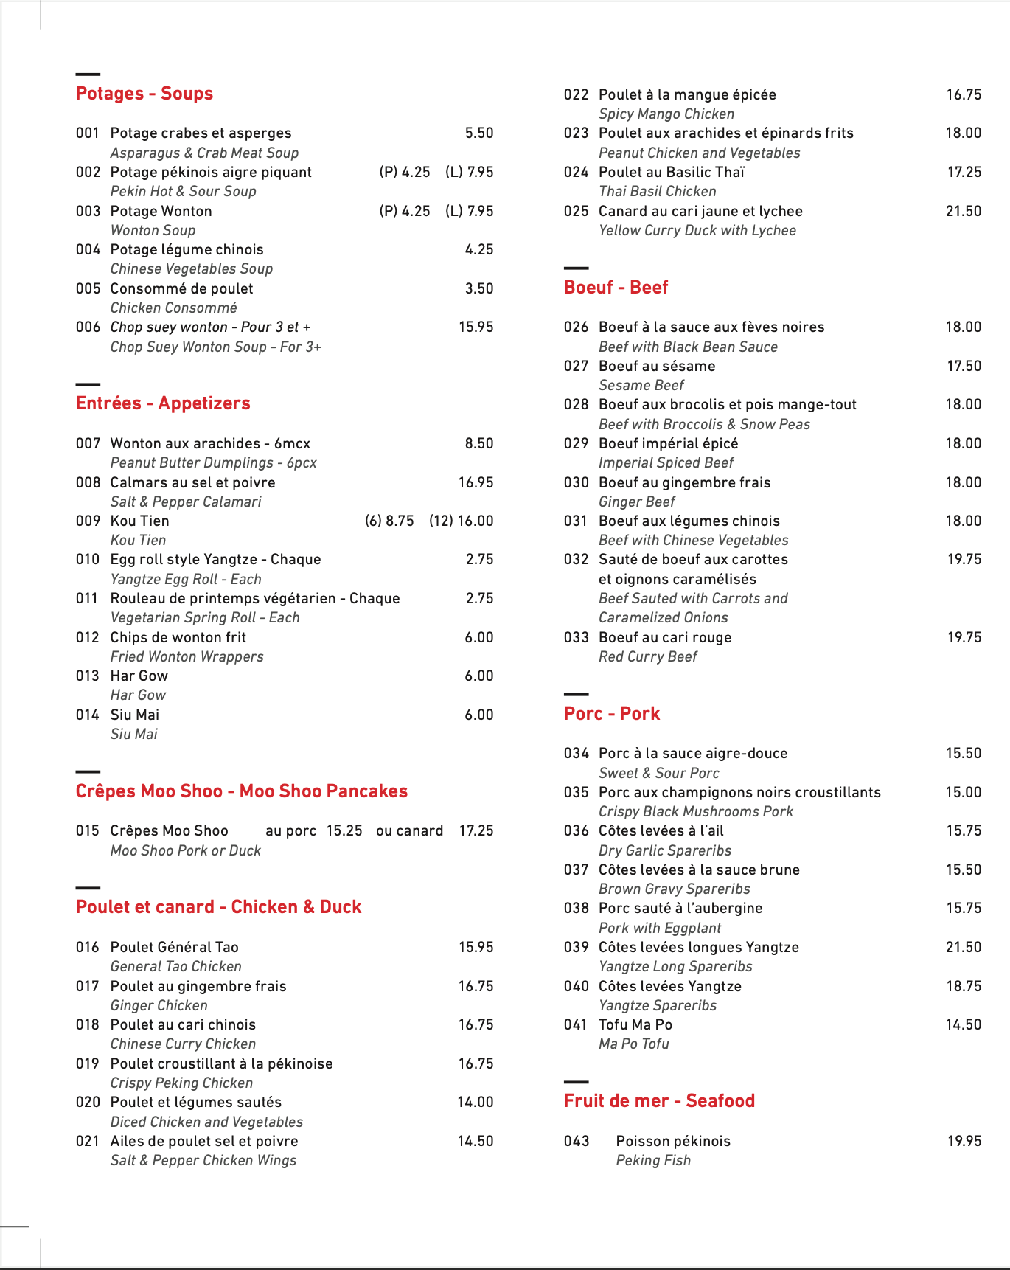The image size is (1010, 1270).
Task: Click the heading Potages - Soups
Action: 144,94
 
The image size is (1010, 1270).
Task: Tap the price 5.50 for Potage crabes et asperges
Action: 478,133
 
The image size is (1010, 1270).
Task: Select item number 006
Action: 88,327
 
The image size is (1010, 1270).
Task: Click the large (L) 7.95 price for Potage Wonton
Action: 469,211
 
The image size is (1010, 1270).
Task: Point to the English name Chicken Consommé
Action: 173,308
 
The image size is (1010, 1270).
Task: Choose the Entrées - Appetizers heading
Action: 163,403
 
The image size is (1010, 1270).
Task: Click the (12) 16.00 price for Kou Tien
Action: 461,521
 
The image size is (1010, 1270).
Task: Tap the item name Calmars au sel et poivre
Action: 192,482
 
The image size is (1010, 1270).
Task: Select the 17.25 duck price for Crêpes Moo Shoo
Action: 476,830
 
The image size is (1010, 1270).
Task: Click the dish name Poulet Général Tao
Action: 174,947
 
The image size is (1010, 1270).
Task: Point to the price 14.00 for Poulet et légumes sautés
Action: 475,1102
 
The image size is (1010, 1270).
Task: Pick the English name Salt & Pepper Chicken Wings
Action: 203,1160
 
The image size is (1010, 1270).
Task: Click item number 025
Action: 576,211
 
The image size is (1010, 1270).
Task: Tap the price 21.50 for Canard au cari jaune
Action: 963,211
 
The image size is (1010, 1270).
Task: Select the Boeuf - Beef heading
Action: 616,288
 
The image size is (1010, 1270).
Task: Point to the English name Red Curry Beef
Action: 647,656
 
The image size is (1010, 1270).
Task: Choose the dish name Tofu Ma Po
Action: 635,1024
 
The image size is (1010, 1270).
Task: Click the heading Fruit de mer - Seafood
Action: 659,1101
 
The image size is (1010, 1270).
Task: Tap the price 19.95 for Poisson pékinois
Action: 964,1141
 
